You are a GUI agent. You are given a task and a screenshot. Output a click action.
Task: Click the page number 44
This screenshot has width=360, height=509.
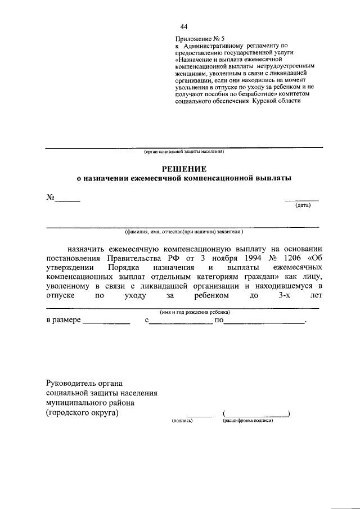click(184, 26)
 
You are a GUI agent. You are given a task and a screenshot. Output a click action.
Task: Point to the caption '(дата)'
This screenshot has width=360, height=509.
click(303, 206)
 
